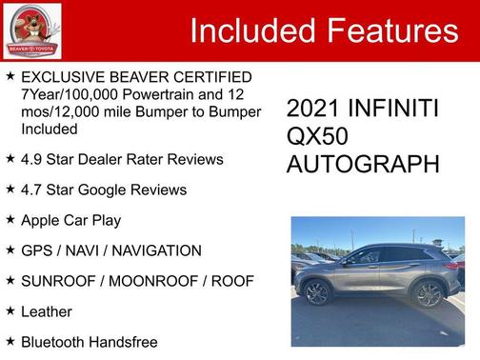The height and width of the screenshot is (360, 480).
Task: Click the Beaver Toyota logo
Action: coord(31,30)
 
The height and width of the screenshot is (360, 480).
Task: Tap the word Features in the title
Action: coord(392,31)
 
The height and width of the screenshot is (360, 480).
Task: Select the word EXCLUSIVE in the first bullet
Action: coord(59,77)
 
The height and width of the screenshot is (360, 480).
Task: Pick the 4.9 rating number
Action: coord(32,158)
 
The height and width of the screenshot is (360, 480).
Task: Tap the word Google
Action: coord(121,189)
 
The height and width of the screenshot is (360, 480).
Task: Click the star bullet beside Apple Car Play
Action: coord(9,219)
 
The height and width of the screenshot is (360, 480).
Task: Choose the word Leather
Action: coord(46,311)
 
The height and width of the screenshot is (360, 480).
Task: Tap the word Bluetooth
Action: coord(53,342)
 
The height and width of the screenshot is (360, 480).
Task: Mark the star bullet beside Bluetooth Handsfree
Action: coord(9,342)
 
